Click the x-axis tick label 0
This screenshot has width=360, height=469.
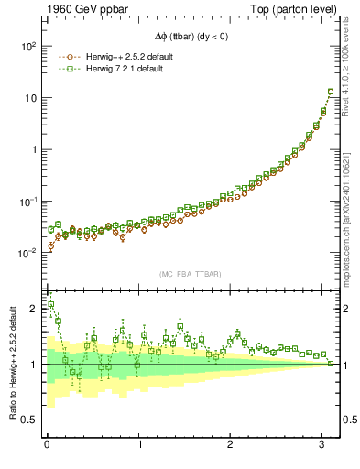[47, 444]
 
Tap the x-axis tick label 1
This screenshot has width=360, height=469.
[139, 444]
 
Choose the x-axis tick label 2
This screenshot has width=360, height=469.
[232, 444]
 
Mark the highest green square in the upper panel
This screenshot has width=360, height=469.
[331, 92]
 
